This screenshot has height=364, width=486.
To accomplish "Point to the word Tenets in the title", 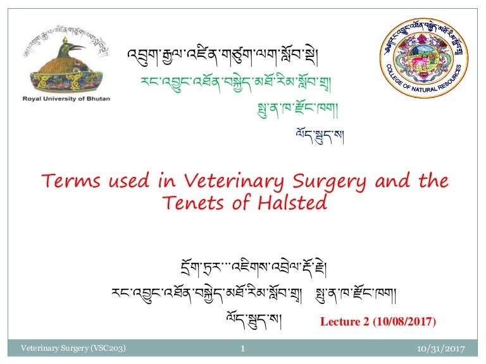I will click(x=190, y=203).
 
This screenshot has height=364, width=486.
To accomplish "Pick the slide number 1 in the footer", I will click(x=243, y=348).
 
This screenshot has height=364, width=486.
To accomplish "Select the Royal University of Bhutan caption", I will click(x=63, y=99).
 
